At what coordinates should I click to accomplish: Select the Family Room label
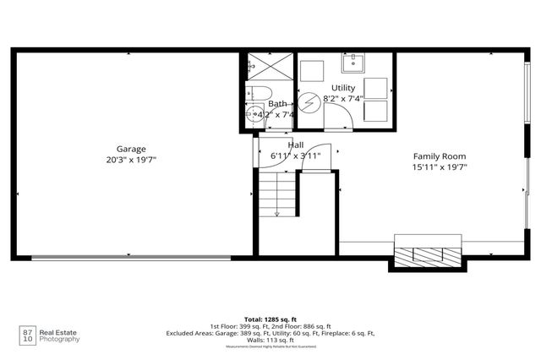(440, 156)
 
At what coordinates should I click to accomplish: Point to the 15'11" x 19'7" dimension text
(440, 167)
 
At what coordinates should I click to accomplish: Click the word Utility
(343, 88)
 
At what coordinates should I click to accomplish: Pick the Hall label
(296, 145)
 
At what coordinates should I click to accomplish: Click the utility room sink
(353, 62)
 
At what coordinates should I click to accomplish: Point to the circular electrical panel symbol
(308, 99)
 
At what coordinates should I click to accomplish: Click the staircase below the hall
(276, 196)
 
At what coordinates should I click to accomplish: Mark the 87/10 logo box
(28, 334)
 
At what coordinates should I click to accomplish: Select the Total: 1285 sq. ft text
(270, 319)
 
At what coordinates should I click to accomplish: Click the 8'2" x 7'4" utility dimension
(344, 99)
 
